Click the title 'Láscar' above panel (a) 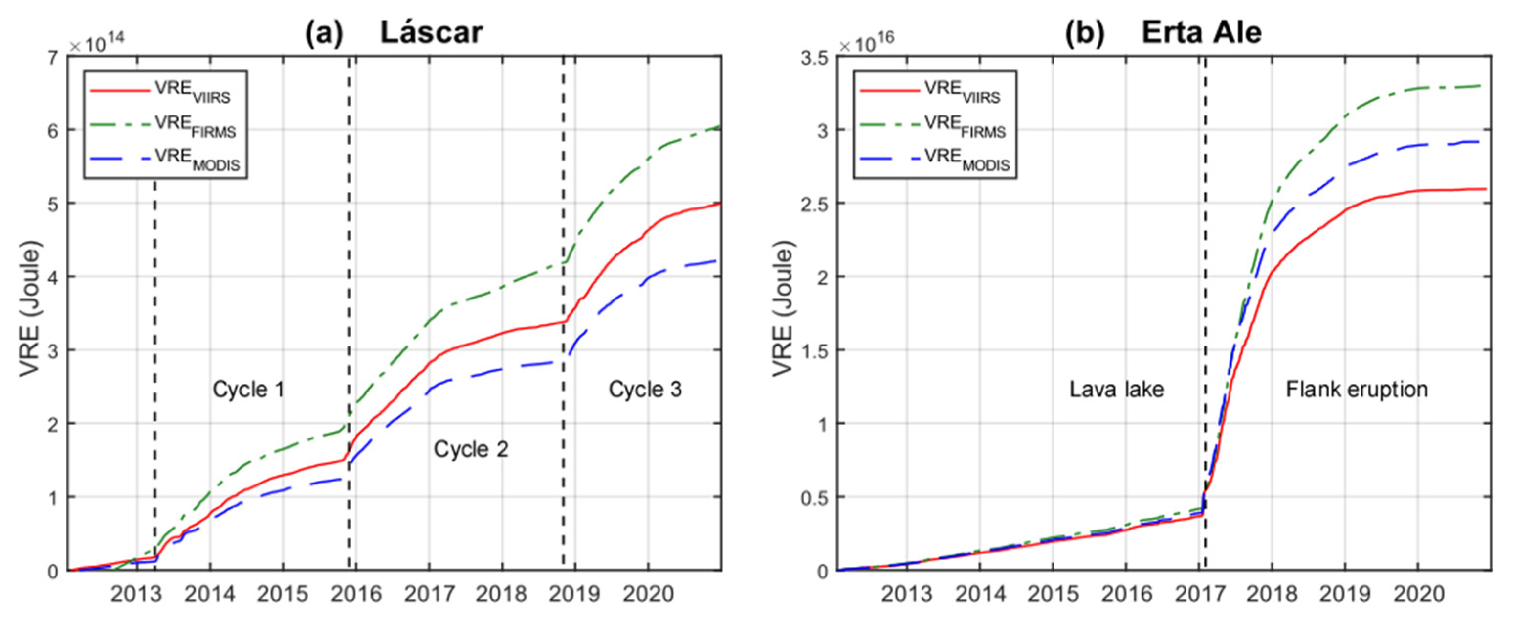(431, 32)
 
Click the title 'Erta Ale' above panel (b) (1201, 32)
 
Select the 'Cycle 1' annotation (248, 389)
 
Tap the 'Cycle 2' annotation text (470, 449)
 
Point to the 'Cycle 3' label (645, 389)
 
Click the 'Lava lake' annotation (1116, 389)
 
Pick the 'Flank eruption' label (1357, 389)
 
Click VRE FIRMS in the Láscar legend (195, 126)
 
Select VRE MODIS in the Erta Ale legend (967, 160)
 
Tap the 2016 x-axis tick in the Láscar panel (356, 594)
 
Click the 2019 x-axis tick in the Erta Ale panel (1345, 594)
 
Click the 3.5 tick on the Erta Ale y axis (814, 58)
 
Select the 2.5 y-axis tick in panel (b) (814, 204)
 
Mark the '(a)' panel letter (324, 33)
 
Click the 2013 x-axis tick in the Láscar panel (136, 594)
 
